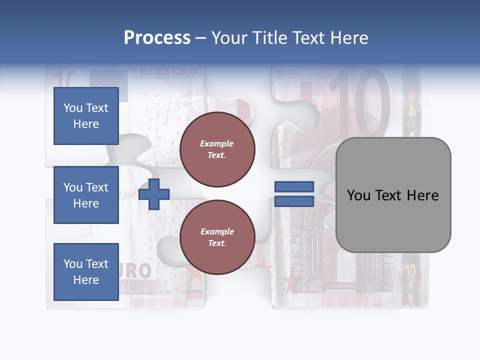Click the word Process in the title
coord(157,37)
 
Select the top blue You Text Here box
coord(86,116)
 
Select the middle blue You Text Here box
coord(86,195)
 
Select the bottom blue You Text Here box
coord(86,271)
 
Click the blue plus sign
coord(153,194)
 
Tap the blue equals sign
coord(294,194)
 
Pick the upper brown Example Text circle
coord(217,149)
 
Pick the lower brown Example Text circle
coord(217,237)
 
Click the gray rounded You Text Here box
coord(393,195)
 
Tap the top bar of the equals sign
coord(294,187)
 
